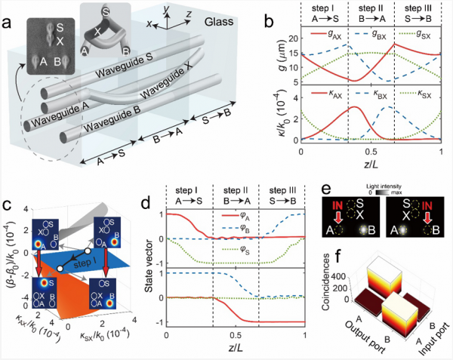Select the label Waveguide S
116,80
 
